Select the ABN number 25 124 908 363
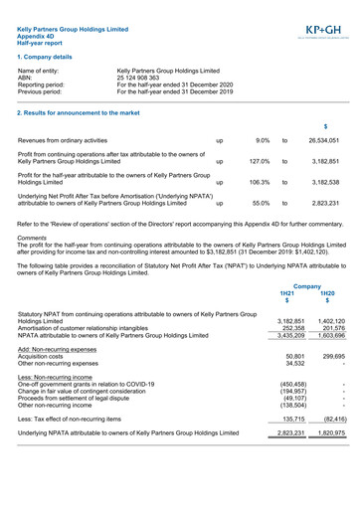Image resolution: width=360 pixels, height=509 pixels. click(143, 78)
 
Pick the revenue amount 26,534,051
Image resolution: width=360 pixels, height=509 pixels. click(323, 141)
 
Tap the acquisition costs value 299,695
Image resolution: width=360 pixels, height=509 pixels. click(328, 355)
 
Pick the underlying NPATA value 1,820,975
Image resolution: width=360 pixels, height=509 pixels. click(328, 434)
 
